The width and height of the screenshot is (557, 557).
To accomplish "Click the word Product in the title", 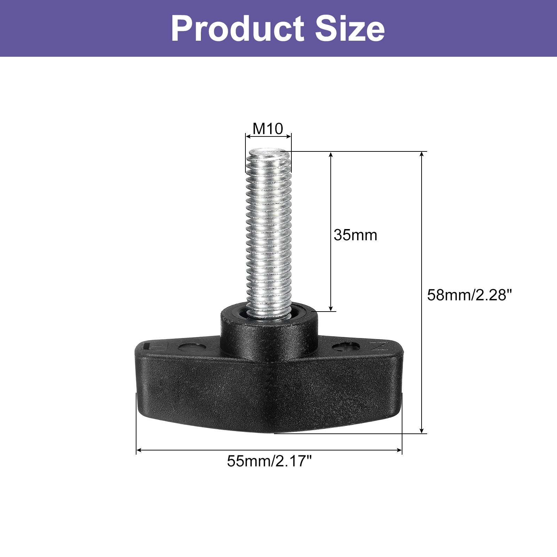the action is (237, 29).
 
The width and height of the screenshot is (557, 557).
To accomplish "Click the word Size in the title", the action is (350, 29).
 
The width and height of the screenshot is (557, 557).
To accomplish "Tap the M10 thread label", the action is (268, 129).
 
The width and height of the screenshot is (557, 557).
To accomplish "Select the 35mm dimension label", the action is (355, 235).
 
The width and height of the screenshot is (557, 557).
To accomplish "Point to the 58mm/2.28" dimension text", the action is (470, 295).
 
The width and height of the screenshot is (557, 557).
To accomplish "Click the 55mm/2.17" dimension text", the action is (269, 462).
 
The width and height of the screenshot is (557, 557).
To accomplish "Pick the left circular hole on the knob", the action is (187, 347).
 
